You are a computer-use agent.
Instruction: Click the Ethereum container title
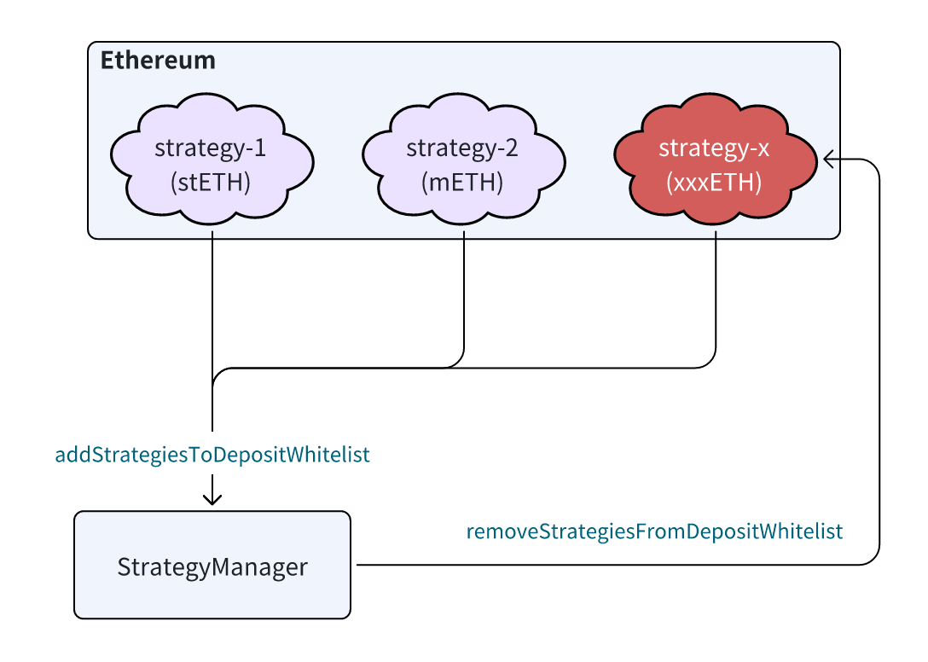pyautogui.click(x=158, y=61)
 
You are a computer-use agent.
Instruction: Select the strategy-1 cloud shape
pyautogui.click(x=212, y=159)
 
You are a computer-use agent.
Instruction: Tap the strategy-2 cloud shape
pyautogui.click(x=463, y=159)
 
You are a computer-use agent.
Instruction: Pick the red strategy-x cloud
pyautogui.click(x=716, y=159)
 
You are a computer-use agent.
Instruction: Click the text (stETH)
pyautogui.click(x=211, y=183)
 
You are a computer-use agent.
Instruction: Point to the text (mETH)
pyautogui.click(x=462, y=183)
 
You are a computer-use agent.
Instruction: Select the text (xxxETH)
pyautogui.click(x=714, y=183)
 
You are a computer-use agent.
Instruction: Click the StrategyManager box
pyautogui.click(x=212, y=565)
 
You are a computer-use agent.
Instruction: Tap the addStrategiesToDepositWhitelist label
pyautogui.click(x=212, y=455)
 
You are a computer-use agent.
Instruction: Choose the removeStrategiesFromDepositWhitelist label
pyautogui.click(x=654, y=531)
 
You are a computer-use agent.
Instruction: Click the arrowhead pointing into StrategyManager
pyautogui.click(x=212, y=498)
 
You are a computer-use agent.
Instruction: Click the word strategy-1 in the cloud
pyautogui.click(x=211, y=148)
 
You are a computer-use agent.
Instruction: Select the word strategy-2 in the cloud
pyautogui.click(x=462, y=148)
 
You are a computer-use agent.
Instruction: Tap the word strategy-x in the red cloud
pyautogui.click(x=714, y=148)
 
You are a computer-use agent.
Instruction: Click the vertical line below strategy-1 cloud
pyautogui.click(x=212, y=331)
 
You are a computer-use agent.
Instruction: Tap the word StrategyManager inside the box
pyautogui.click(x=212, y=567)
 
